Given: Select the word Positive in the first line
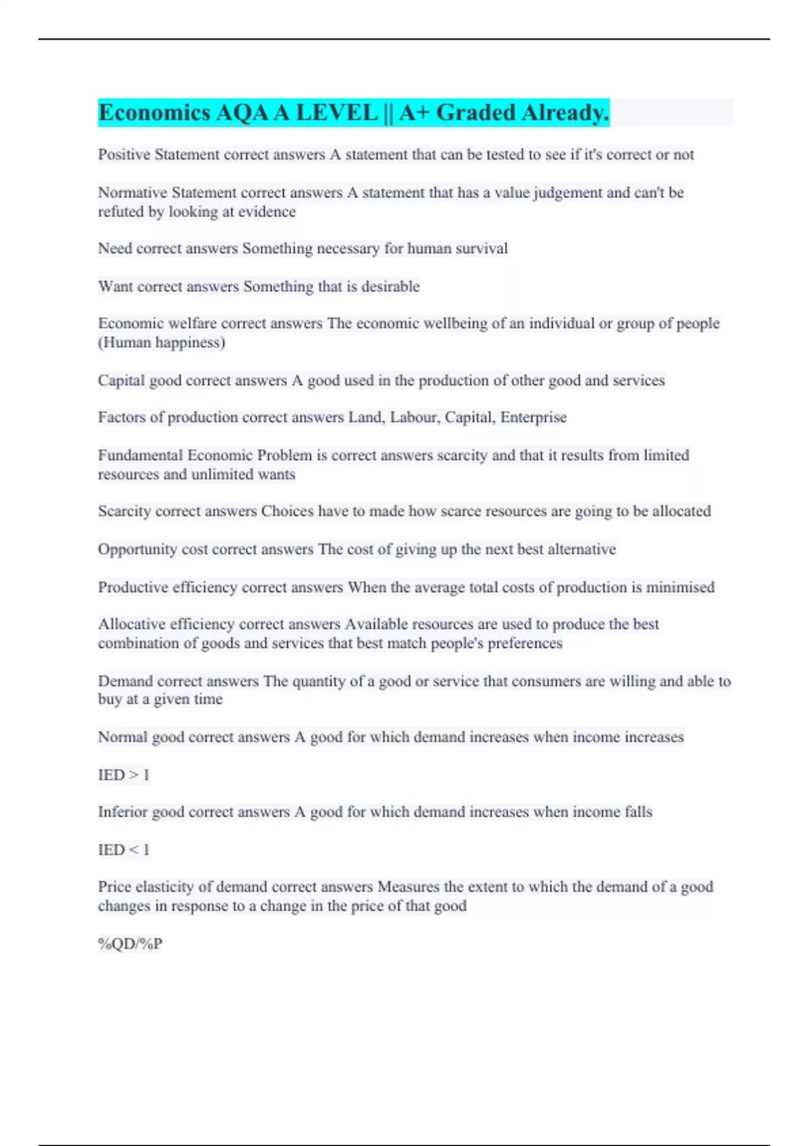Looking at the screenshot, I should [124, 155].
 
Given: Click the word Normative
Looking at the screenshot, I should [132, 193].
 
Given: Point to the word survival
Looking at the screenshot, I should [481, 249].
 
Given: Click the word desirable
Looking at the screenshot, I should [390, 286].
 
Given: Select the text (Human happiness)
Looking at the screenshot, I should [162, 342].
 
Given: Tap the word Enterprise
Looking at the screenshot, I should [533, 417].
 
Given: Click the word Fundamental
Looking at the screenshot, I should [140, 455].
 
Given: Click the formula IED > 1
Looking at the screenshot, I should [123, 775].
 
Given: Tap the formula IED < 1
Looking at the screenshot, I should [123, 850].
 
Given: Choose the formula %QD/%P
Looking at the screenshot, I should [130, 944].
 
